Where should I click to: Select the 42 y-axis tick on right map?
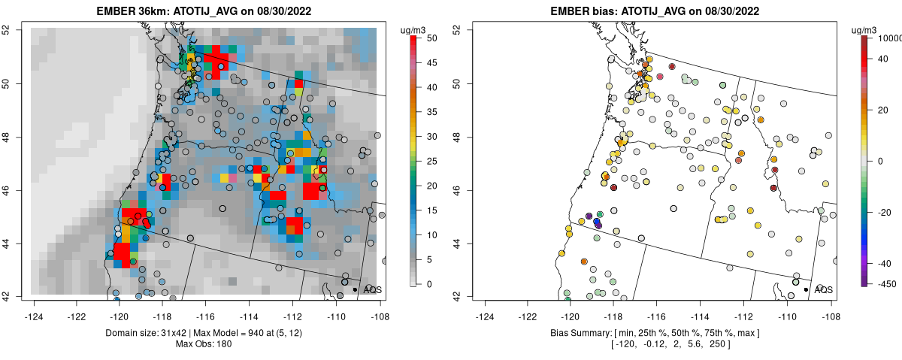(x=456, y=296)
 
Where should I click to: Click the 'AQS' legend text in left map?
(x=371, y=289)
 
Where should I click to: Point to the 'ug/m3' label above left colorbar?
(x=416, y=30)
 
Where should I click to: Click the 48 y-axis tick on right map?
(x=456, y=137)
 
